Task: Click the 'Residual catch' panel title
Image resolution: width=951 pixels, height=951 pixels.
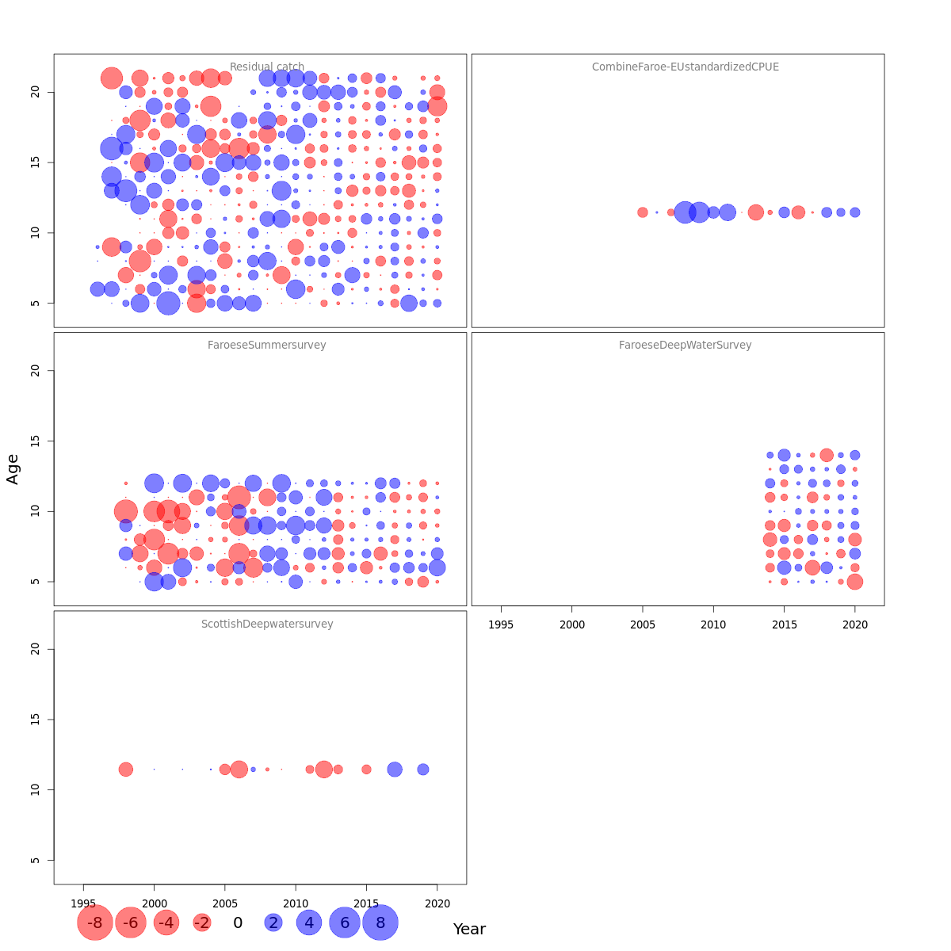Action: [x=267, y=67]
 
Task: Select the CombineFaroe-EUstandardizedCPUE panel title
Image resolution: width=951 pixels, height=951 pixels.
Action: [x=686, y=67]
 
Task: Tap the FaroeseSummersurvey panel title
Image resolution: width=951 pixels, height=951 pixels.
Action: [x=267, y=346]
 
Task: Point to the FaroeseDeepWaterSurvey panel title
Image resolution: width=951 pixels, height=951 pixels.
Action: [x=686, y=346]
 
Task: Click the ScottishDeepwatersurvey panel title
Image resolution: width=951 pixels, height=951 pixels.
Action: [x=267, y=624]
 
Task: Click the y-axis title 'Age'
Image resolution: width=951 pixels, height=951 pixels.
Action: [x=13, y=469]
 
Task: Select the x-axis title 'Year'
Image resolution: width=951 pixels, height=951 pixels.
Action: [x=469, y=930]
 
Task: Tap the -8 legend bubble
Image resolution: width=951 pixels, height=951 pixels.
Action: [x=95, y=922]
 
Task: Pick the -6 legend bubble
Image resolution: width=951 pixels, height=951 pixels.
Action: [x=131, y=922]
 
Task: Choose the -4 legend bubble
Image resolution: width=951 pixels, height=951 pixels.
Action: [x=166, y=922]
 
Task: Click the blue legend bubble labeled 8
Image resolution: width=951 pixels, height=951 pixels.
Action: [x=380, y=922]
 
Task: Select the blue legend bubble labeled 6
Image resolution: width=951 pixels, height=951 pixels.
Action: [x=345, y=922]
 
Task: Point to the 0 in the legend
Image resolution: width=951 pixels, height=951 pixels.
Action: [x=238, y=922]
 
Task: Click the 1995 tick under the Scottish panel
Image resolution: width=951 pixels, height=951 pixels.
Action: [x=83, y=903]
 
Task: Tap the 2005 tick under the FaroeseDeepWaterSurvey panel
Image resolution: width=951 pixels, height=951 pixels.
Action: [x=643, y=624]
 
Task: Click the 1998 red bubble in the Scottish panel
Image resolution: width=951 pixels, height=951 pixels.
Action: [x=126, y=770]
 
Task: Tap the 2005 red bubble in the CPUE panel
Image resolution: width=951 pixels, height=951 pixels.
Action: [x=643, y=212]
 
